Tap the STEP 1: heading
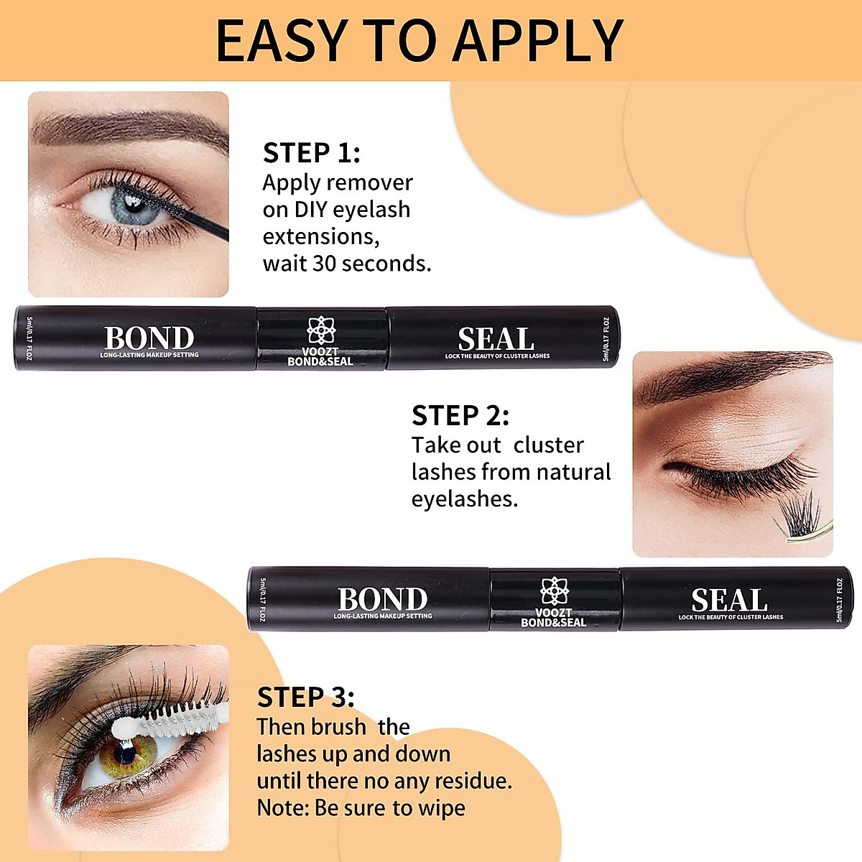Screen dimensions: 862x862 click(311, 153)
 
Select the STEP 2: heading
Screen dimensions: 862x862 click(460, 416)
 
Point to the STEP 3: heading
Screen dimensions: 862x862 click(305, 698)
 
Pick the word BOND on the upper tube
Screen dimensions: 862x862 click(149, 338)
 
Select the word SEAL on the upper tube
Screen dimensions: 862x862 click(496, 339)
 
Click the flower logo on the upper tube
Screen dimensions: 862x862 click(320, 330)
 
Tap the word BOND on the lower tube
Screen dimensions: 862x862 click(382, 599)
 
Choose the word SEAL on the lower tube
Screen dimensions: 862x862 click(729, 600)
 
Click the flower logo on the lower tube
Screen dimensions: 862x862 click(554, 590)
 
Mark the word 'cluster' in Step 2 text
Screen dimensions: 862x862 click(548, 445)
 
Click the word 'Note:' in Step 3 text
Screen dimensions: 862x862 click(283, 808)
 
